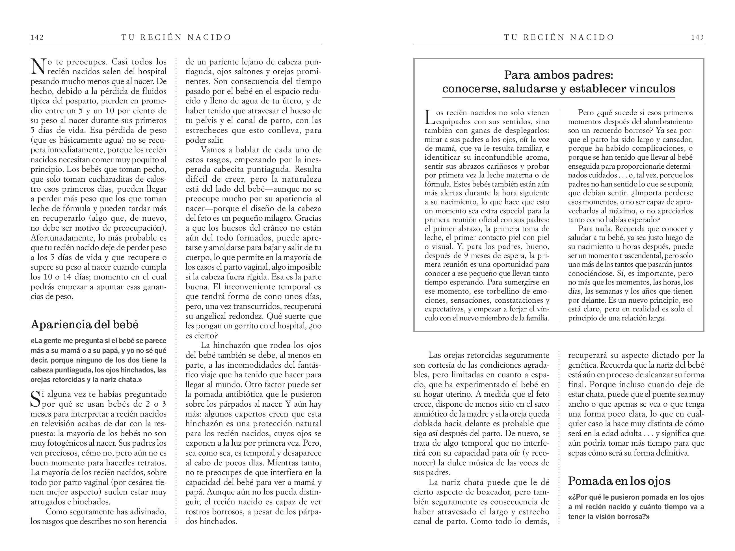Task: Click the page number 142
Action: [37, 37]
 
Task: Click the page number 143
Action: [697, 37]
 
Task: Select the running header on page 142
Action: [176, 37]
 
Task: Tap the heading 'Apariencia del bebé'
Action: [85, 324]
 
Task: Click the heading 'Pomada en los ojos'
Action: [619, 481]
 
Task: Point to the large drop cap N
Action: [38, 66]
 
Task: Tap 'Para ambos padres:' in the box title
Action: [558, 75]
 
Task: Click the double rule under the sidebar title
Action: [558, 98]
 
